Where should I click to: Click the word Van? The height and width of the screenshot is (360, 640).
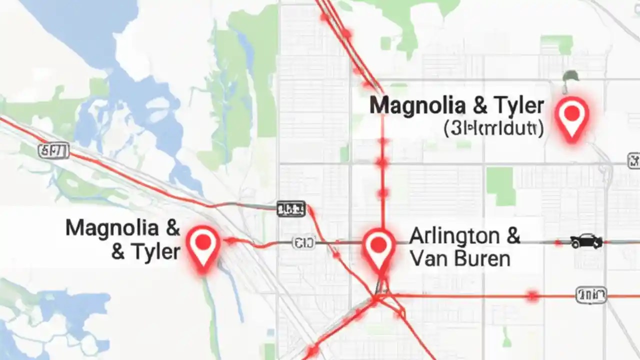(426, 258)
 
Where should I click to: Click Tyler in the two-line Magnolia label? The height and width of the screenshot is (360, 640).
(153, 251)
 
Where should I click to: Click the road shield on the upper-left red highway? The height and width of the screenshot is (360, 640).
(53, 150)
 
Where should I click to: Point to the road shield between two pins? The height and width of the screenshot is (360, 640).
(303, 243)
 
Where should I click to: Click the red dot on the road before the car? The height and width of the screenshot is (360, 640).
(558, 243)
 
